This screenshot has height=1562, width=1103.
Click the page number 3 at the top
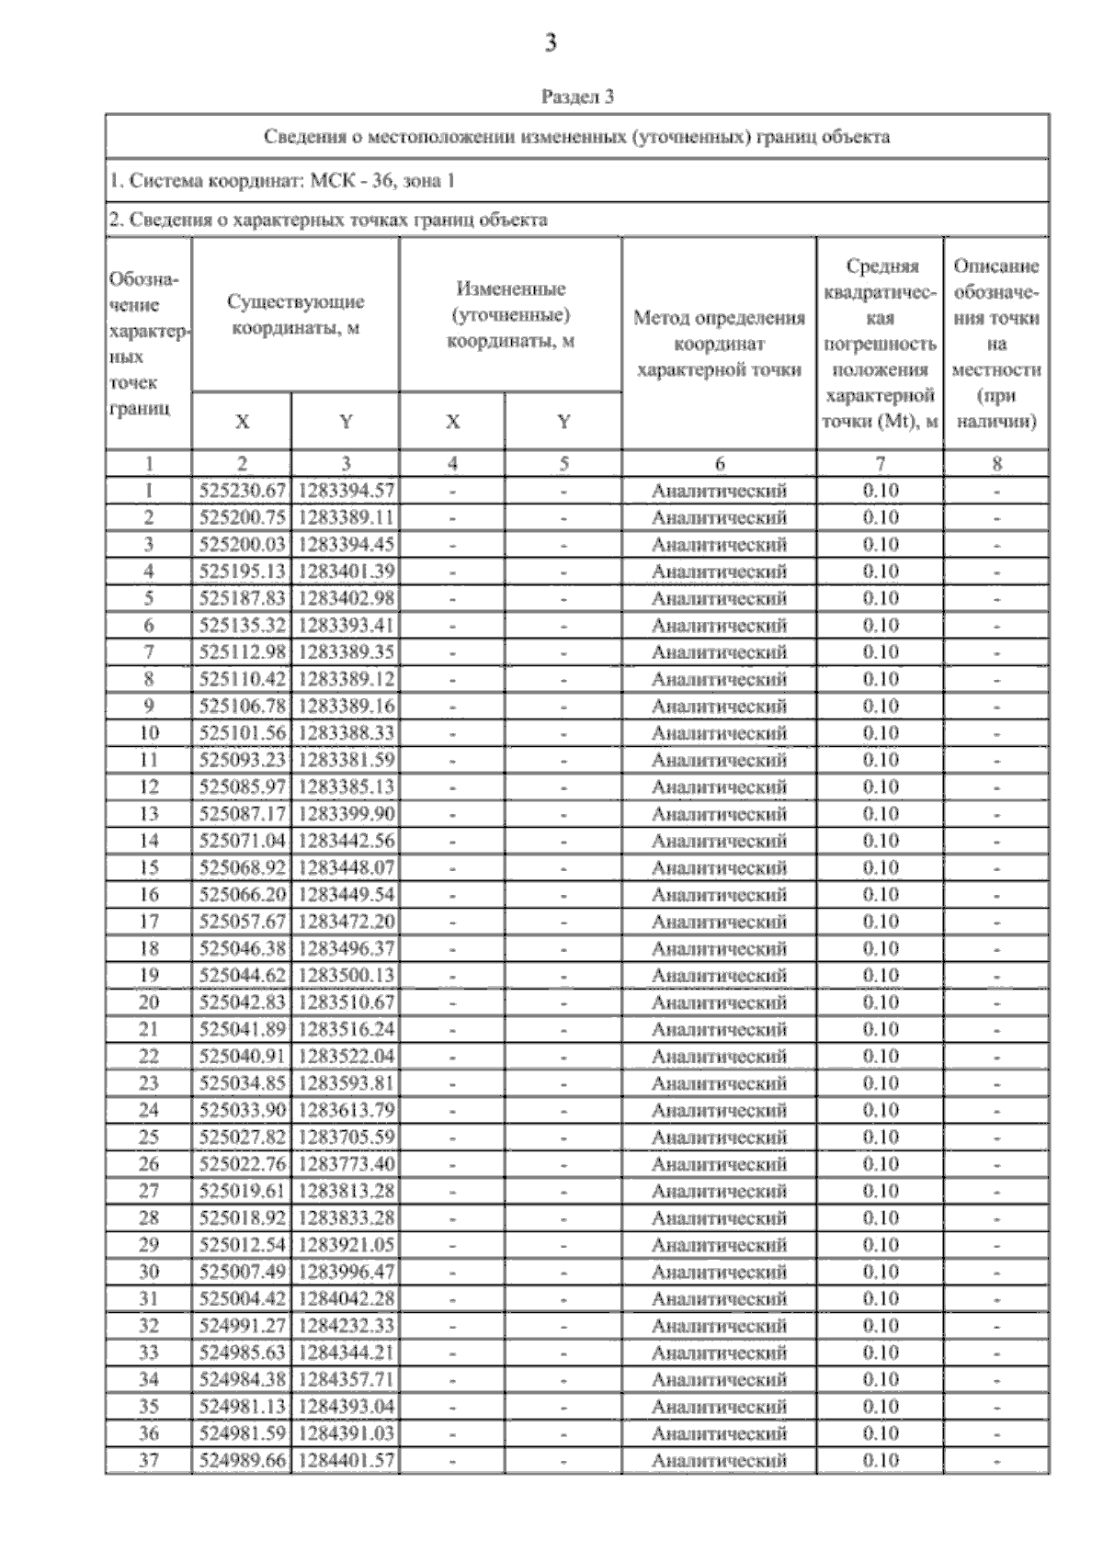point(551,43)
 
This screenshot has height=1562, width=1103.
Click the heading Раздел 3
point(577,96)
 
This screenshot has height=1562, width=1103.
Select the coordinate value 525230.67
point(243,491)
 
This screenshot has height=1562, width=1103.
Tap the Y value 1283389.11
point(346,517)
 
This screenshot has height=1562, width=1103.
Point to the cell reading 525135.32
point(243,626)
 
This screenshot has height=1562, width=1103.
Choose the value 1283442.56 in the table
point(346,841)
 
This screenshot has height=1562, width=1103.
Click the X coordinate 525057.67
point(243,922)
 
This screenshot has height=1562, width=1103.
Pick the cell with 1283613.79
point(346,1110)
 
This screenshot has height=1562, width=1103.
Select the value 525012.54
point(243,1245)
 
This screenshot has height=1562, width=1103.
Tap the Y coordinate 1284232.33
point(346,1326)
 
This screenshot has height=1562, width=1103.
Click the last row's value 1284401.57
point(346,1460)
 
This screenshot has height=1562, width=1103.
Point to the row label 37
point(148,1460)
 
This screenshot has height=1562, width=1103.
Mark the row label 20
point(148,1002)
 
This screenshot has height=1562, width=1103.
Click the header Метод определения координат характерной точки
point(719,344)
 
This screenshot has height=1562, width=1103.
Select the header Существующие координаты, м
point(295,314)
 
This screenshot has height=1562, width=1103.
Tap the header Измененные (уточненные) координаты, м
point(510,314)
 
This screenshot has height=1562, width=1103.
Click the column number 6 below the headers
point(719,464)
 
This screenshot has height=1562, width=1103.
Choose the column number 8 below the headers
point(996,464)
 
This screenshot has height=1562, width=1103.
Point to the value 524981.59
point(243,1433)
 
